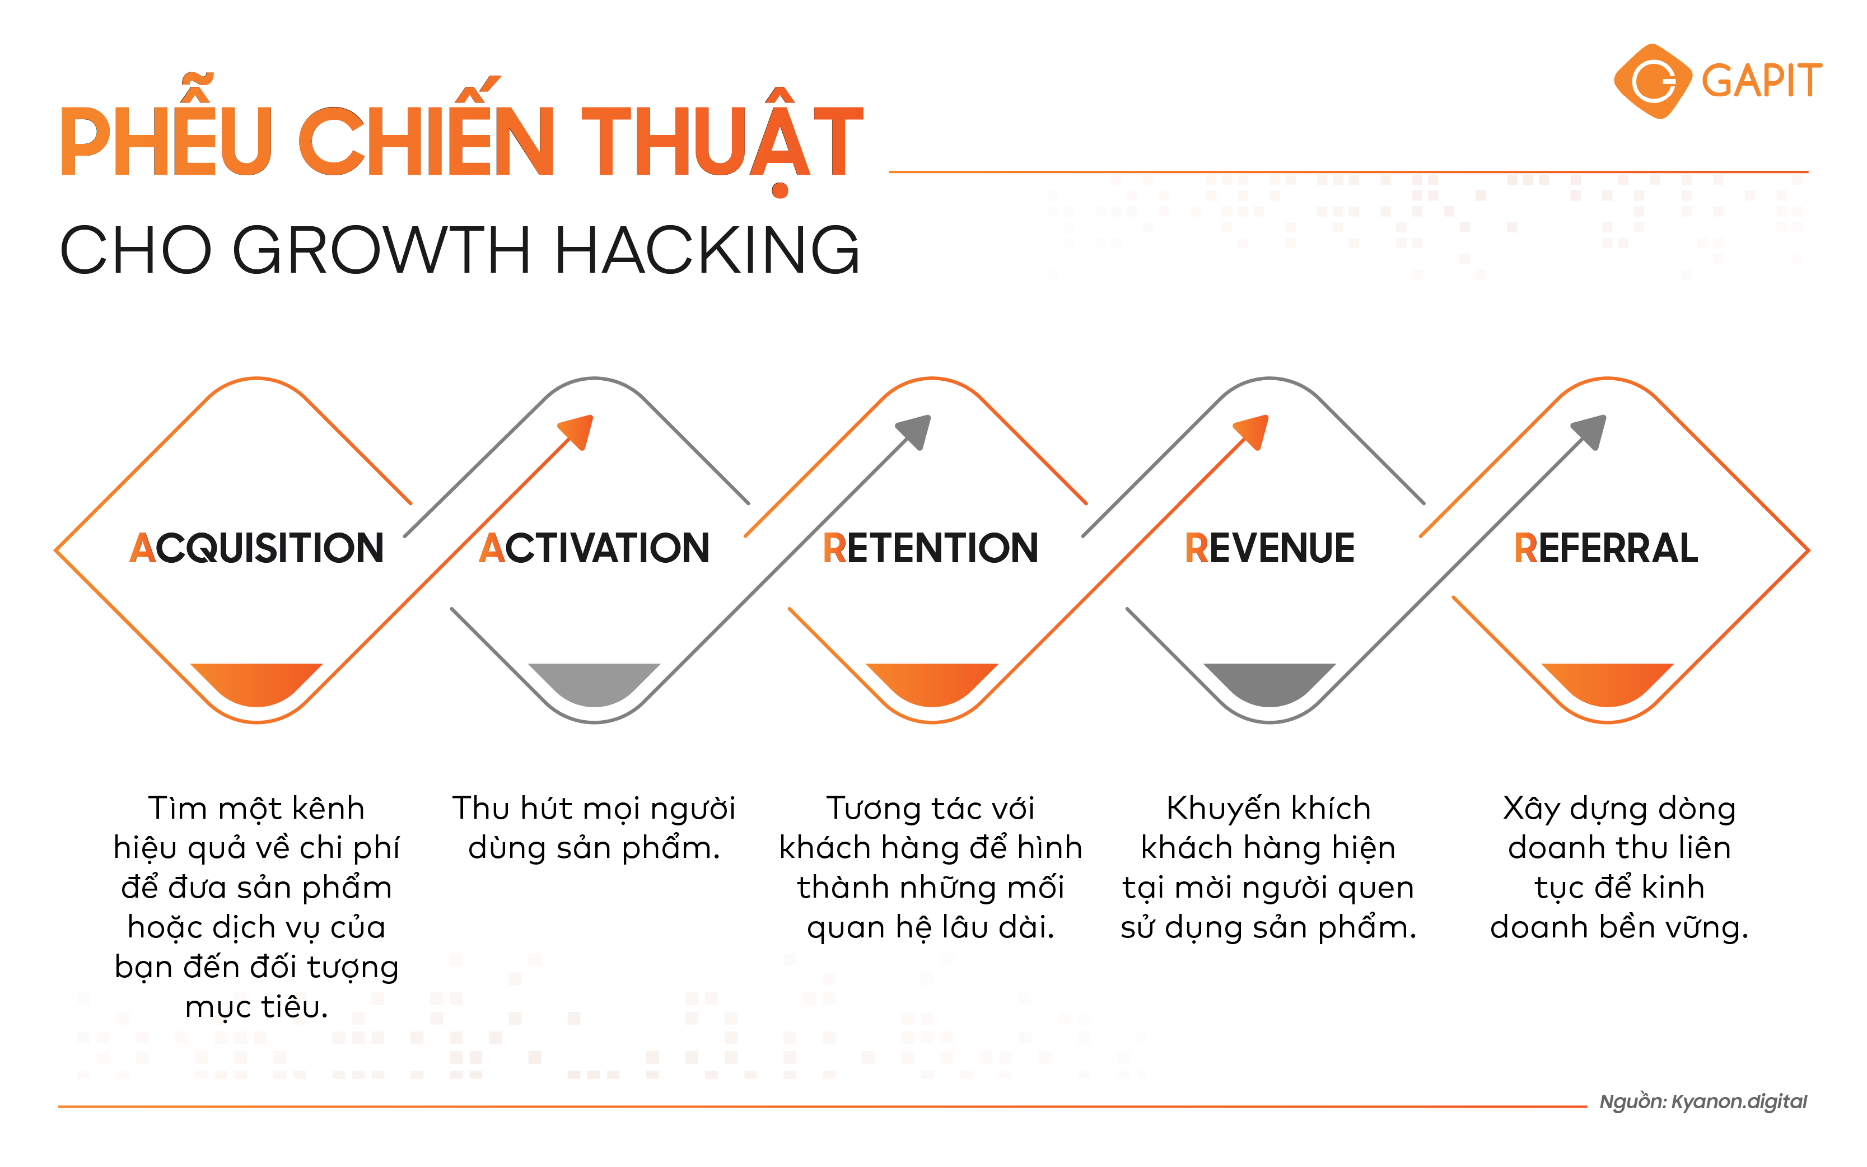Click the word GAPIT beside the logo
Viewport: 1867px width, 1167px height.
tap(1761, 81)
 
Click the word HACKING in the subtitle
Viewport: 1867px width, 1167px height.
tap(706, 250)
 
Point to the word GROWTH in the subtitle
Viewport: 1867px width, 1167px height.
tap(381, 250)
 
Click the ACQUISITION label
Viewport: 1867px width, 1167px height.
tap(256, 548)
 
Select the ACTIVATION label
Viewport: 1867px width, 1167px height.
tap(594, 548)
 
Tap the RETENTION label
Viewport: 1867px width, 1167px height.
tap(930, 548)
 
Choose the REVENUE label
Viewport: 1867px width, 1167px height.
tap(1269, 548)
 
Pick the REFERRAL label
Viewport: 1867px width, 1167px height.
tap(1605, 548)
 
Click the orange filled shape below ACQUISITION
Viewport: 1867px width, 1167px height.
tap(256, 682)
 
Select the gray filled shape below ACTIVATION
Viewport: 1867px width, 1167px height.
tap(594, 682)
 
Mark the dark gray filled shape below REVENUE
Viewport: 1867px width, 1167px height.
tap(1269, 682)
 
